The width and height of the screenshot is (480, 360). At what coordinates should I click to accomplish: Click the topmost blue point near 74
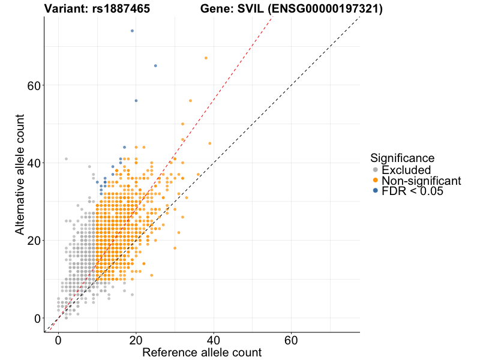(x=132, y=31)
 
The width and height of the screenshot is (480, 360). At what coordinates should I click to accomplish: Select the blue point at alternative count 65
(x=155, y=65)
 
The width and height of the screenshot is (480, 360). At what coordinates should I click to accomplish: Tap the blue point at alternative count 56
(x=136, y=101)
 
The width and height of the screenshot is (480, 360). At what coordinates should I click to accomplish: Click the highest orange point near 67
(x=206, y=58)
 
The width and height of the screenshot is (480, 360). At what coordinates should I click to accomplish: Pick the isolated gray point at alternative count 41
(x=66, y=159)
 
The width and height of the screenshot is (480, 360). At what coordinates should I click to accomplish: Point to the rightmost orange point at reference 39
(x=209, y=143)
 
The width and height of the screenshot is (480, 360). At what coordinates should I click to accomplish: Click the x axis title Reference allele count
(x=202, y=352)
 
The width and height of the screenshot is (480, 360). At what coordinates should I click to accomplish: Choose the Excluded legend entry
(x=406, y=170)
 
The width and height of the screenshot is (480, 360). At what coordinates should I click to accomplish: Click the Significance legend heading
(x=402, y=158)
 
